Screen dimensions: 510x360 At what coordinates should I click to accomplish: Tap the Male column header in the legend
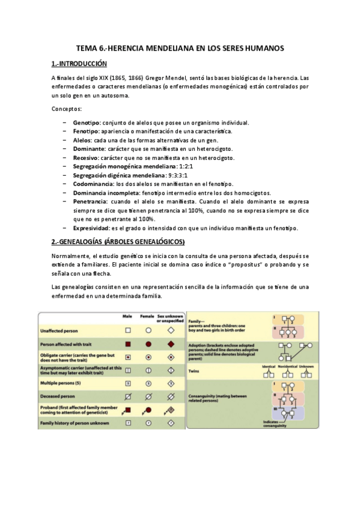[x=127, y=316]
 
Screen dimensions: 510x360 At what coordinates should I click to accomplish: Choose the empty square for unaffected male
[x=128, y=331]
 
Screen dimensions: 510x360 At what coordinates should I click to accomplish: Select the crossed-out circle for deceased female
[x=148, y=397]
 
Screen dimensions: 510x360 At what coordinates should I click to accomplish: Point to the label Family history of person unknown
[x=74, y=423]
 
